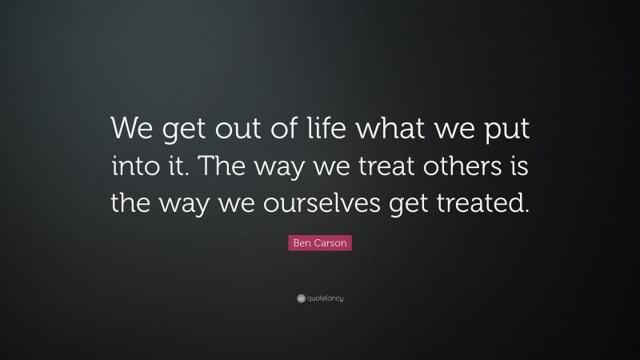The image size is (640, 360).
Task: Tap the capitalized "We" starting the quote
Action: tap(129, 128)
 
